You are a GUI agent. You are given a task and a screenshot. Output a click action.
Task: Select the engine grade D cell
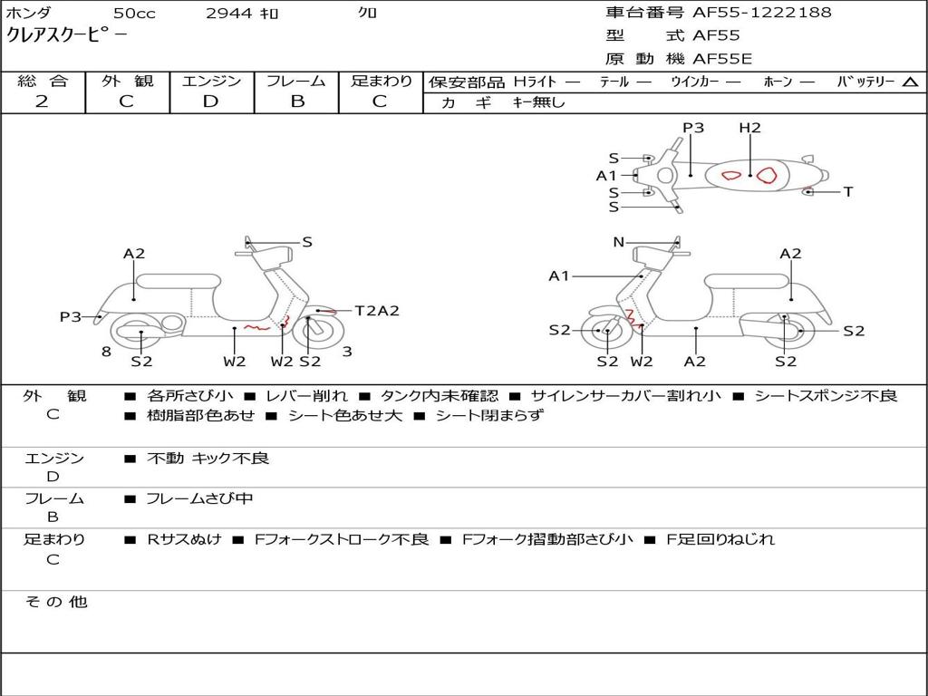[x=210, y=101]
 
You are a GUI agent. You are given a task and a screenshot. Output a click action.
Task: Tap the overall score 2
[x=42, y=101]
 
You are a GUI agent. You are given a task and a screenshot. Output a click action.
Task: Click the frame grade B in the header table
[x=296, y=101]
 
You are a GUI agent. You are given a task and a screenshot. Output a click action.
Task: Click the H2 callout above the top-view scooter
[x=749, y=128]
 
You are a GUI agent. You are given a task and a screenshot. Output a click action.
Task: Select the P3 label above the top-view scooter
[x=693, y=128]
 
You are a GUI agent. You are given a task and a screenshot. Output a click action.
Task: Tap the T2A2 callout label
[x=377, y=311]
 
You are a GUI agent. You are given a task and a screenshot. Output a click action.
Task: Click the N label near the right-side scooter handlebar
[x=619, y=242]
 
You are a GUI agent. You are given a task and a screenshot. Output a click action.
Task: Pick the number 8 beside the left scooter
[x=106, y=352]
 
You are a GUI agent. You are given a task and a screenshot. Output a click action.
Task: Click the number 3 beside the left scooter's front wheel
[x=347, y=352]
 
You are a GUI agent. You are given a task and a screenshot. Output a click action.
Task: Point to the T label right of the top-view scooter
[x=848, y=192]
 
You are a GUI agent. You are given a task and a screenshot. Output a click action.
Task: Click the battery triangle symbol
[x=910, y=82]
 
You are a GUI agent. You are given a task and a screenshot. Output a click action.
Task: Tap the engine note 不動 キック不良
[x=208, y=459]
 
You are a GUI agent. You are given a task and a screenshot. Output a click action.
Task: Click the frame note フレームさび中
[x=199, y=498]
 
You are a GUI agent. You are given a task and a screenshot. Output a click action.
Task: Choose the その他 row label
[x=56, y=602]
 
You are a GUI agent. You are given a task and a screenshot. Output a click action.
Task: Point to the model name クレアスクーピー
[x=67, y=35]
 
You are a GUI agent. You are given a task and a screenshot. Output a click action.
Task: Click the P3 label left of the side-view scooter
[x=71, y=317]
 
